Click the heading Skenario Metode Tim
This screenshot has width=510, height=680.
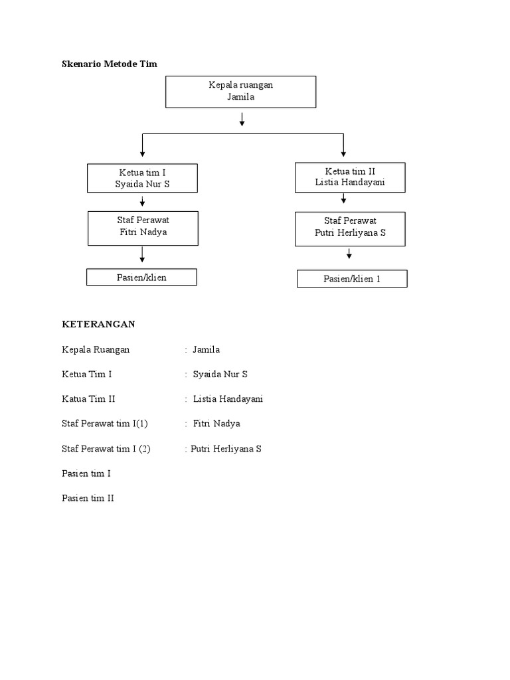(110, 64)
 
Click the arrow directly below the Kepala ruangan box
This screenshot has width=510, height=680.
(242, 120)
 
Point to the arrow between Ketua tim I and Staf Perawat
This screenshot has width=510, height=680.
(142, 201)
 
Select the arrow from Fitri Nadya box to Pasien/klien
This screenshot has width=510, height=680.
(142, 254)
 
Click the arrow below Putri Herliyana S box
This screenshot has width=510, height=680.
(349, 254)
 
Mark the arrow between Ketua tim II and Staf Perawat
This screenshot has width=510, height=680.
(343, 198)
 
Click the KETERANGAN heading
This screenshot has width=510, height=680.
(98, 324)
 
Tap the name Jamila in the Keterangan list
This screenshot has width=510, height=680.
(206, 349)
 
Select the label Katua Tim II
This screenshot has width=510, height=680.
(88, 399)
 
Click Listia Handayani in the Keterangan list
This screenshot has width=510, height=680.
(228, 399)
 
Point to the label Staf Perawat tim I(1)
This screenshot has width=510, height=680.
(105, 424)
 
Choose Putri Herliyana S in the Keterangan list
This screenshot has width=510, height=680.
(226, 449)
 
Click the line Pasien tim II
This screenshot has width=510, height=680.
(88, 498)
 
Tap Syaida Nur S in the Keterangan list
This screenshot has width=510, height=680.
(220, 375)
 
